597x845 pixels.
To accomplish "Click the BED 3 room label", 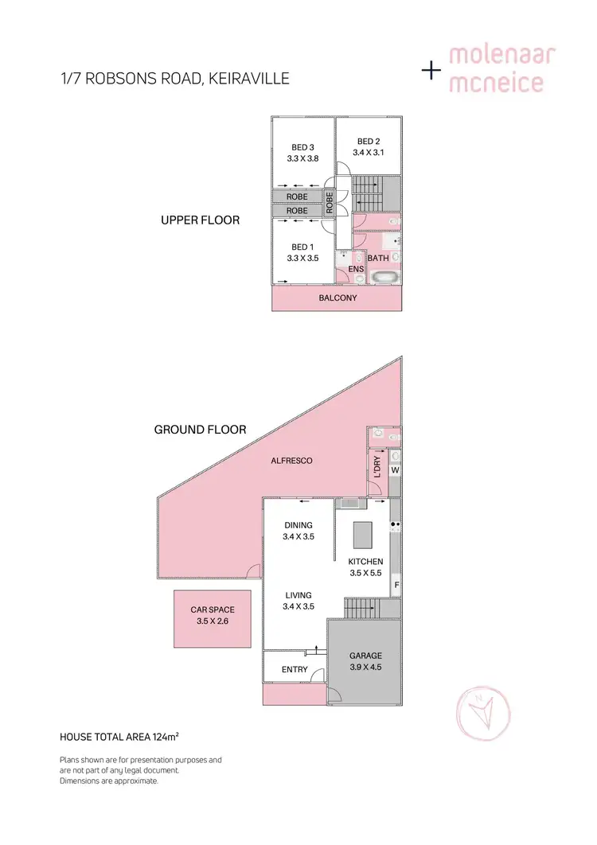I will (x=302, y=147).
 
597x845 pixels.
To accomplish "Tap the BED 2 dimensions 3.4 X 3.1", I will (x=369, y=154).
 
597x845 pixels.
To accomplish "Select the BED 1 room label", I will (x=302, y=247).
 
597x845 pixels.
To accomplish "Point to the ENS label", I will (x=356, y=270).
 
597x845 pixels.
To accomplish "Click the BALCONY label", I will (x=338, y=298).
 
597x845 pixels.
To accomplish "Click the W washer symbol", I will (x=394, y=469).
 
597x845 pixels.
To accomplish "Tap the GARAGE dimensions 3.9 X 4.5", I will (x=365, y=668).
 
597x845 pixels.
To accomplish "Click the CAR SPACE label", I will (x=212, y=610).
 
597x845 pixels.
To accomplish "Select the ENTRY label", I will (x=295, y=669).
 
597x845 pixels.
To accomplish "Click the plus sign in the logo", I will (x=431, y=70).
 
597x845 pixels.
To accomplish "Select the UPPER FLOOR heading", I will (x=200, y=220).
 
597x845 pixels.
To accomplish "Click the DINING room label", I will (x=298, y=525).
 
